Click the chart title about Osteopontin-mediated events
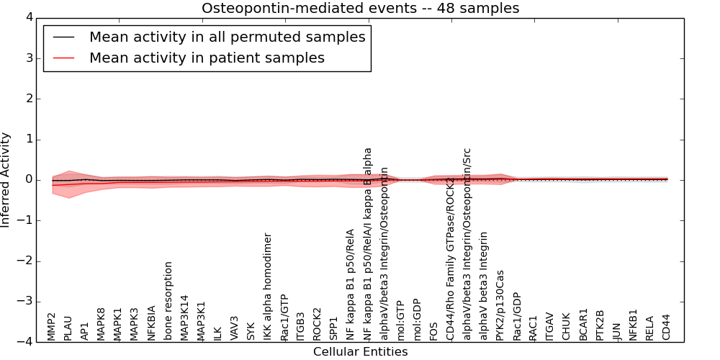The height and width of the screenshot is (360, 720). (360, 8)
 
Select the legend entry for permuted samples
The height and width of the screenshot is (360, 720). (227, 37)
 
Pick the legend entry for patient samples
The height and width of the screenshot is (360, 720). (207, 58)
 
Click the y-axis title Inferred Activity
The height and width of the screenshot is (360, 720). (6, 180)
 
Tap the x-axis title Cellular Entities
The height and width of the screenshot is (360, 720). (360, 352)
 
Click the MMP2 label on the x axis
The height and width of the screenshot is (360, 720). (52, 326)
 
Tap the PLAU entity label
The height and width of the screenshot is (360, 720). (68, 328)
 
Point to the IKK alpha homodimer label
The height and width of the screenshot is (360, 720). (268, 287)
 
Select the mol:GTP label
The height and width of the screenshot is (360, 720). (401, 322)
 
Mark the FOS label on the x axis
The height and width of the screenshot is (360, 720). (434, 330)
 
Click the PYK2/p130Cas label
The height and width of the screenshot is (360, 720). (500, 305)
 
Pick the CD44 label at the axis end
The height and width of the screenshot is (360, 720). (666, 327)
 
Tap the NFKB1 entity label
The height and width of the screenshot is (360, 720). (634, 325)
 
